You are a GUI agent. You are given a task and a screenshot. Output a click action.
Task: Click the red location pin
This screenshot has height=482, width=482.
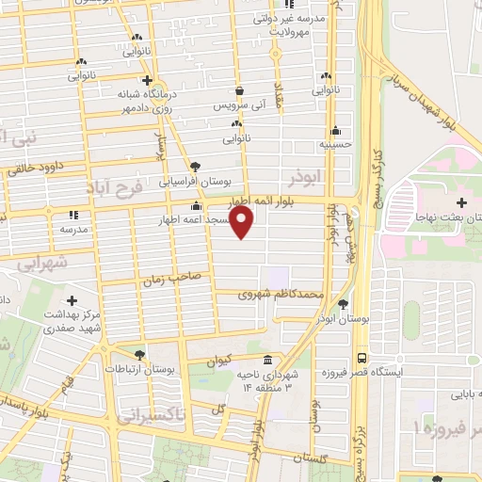(243, 222)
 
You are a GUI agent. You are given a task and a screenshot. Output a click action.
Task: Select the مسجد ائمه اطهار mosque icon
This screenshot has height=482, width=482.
(197, 207)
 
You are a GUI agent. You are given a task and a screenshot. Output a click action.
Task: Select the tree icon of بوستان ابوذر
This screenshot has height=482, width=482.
(342, 304)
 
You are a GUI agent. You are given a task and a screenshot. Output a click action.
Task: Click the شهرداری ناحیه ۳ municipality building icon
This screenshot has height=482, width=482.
(268, 361)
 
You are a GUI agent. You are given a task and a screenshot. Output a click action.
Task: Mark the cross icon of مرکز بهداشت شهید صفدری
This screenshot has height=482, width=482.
(72, 299)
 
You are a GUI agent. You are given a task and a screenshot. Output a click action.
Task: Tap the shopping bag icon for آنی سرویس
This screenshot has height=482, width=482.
(239, 91)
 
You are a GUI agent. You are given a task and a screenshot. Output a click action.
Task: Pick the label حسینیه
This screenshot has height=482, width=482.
(336, 145)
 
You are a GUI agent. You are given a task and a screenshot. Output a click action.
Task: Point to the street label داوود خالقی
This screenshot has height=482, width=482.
(48, 168)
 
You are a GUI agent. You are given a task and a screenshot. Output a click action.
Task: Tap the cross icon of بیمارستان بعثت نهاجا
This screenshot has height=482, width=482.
(460, 202)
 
